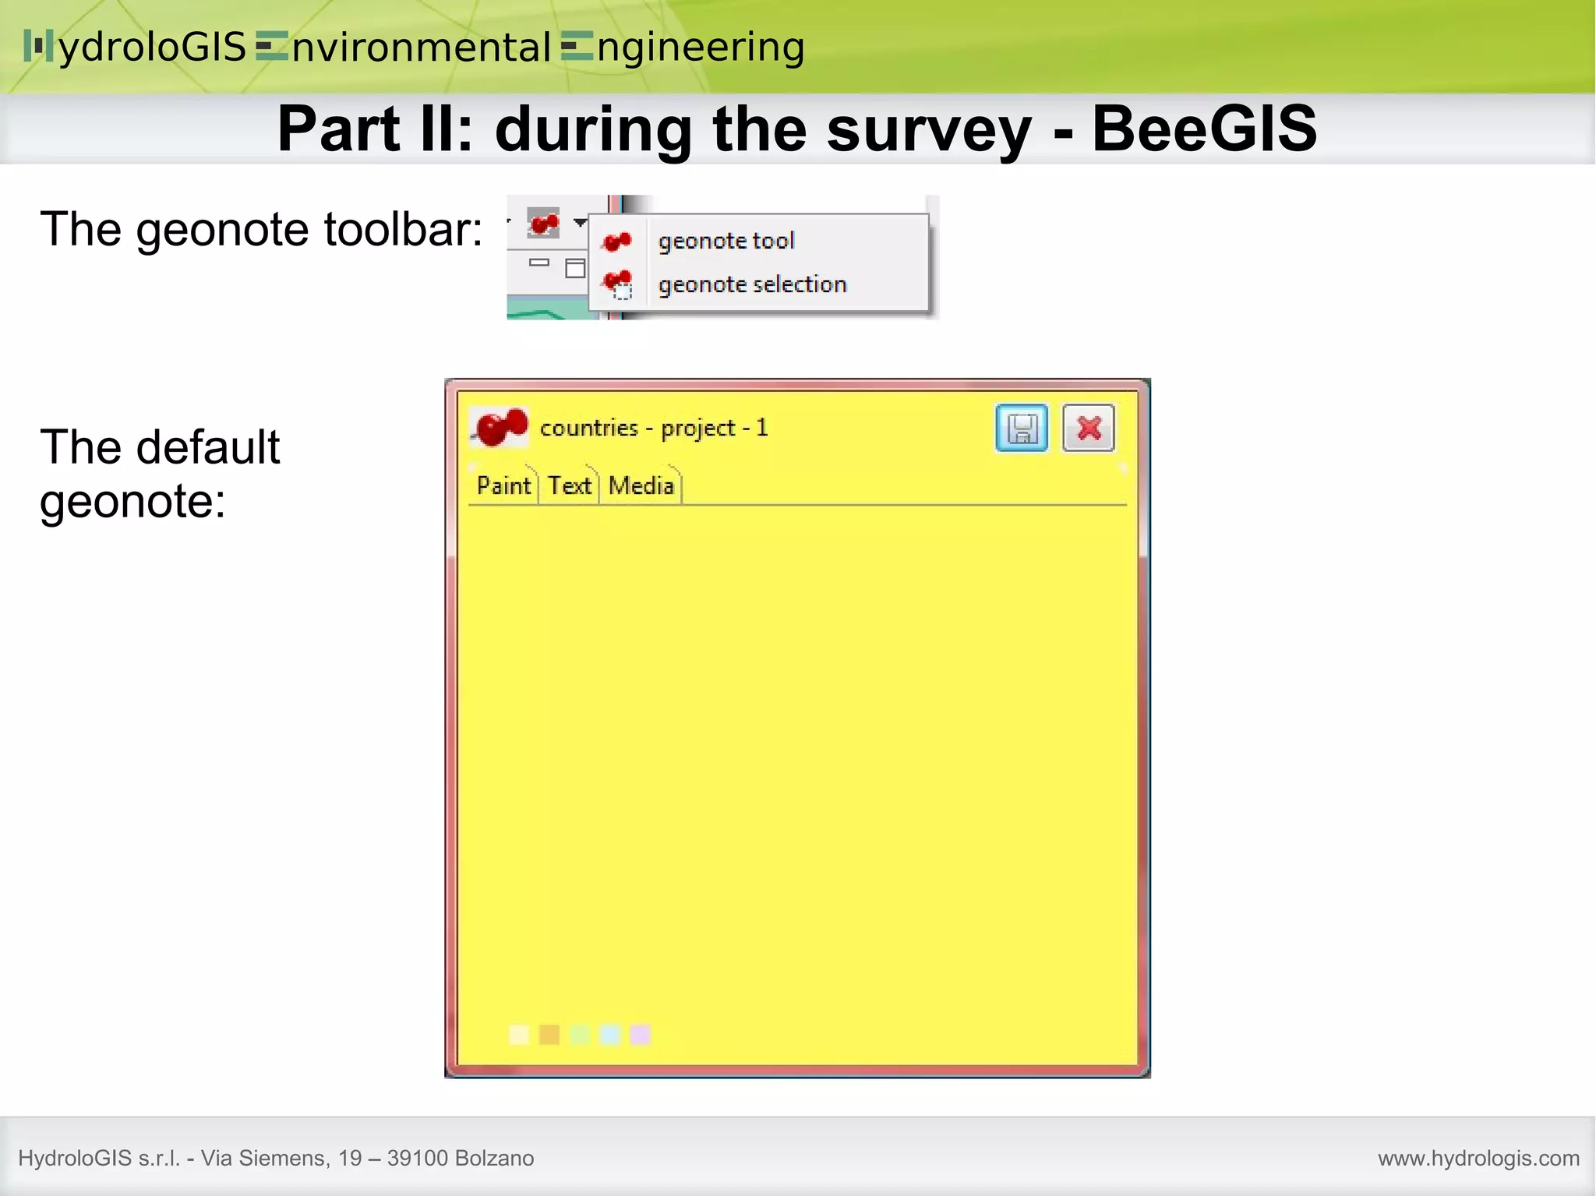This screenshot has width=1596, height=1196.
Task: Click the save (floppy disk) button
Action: click(1022, 428)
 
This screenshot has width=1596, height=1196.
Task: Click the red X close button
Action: click(1089, 428)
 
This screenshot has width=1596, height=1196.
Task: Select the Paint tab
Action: click(503, 486)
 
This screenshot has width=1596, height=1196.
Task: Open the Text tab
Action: click(570, 486)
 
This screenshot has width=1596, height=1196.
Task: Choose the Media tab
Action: click(641, 486)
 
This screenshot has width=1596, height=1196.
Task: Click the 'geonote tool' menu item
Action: click(726, 241)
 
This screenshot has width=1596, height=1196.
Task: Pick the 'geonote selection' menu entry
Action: click(752, 284)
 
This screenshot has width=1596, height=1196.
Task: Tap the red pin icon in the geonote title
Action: click(500, 427)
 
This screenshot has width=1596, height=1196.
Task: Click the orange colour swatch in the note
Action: click(549, 1035)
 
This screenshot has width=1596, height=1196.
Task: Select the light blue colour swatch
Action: click(610, 1035)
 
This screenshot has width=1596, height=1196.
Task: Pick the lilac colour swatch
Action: click(641, 1035)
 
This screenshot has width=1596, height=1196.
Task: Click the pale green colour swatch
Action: click(580, 1035)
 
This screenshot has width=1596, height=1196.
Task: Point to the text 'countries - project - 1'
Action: click(653, 428)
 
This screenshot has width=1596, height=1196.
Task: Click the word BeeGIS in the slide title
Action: click(1204, 129)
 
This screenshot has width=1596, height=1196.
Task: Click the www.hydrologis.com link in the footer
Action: click(1478, 1158)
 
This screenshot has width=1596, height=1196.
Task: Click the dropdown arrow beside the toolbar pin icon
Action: click(580, 223)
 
